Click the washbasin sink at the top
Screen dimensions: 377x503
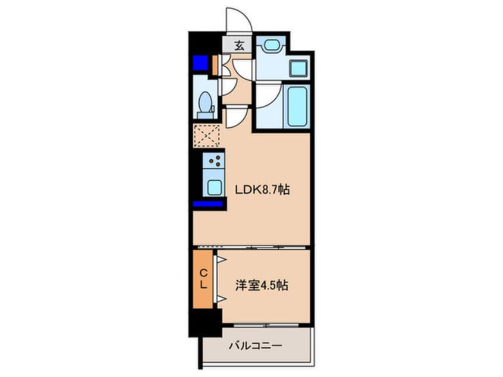pyautogui.click(x=272, y=45)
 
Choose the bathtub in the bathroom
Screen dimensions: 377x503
pyautogui.click(x=297, y=108)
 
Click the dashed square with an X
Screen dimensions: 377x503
pyautogui.click(x=206, y=136)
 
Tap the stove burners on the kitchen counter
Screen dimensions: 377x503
pyautogui.click(x=215, y=161)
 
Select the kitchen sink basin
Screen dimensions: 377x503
pyautogui.click(x=214, y=186)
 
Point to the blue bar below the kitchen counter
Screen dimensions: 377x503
pyautogui.click(x=208, y=205)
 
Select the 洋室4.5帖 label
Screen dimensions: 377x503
pyautogui.click(x=262, y=285)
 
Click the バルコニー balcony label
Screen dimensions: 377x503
pyautogui.click(x=256, y=345)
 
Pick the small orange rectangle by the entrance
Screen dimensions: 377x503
pyautogui.click(x=216, y=64)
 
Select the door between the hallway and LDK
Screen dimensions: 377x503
pyautogui.click(x=233, y=116)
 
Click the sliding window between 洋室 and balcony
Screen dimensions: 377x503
pyautogui.click(x=266, y=325)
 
